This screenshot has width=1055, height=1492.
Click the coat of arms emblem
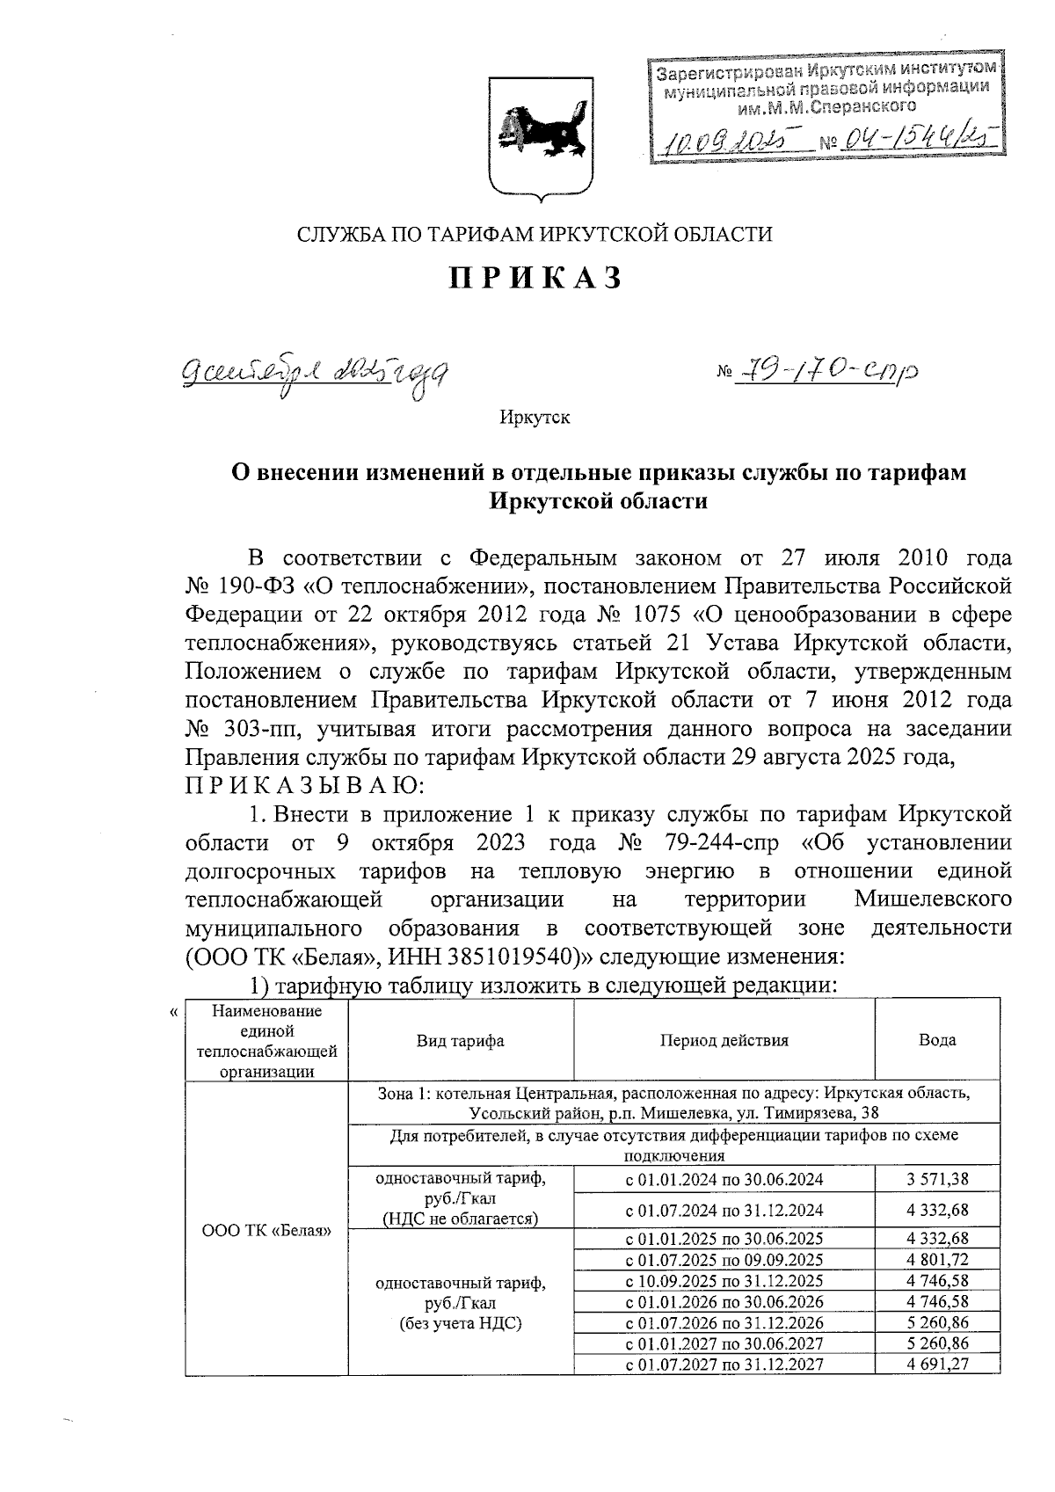(x=535, y=134)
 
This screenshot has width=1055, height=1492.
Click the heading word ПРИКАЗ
(x=535, y=278)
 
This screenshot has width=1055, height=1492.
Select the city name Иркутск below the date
(x=535, y=418)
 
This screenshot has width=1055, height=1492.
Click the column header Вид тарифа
(x=460, y=1041)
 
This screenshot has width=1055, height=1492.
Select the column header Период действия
(x=724, y=1041)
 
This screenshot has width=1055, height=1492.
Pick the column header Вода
(x=937, y=1041)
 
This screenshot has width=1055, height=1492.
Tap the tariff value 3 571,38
(x=937, y=1179)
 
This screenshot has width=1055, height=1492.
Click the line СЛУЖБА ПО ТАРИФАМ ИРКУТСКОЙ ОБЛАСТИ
(x=535, y=235)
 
